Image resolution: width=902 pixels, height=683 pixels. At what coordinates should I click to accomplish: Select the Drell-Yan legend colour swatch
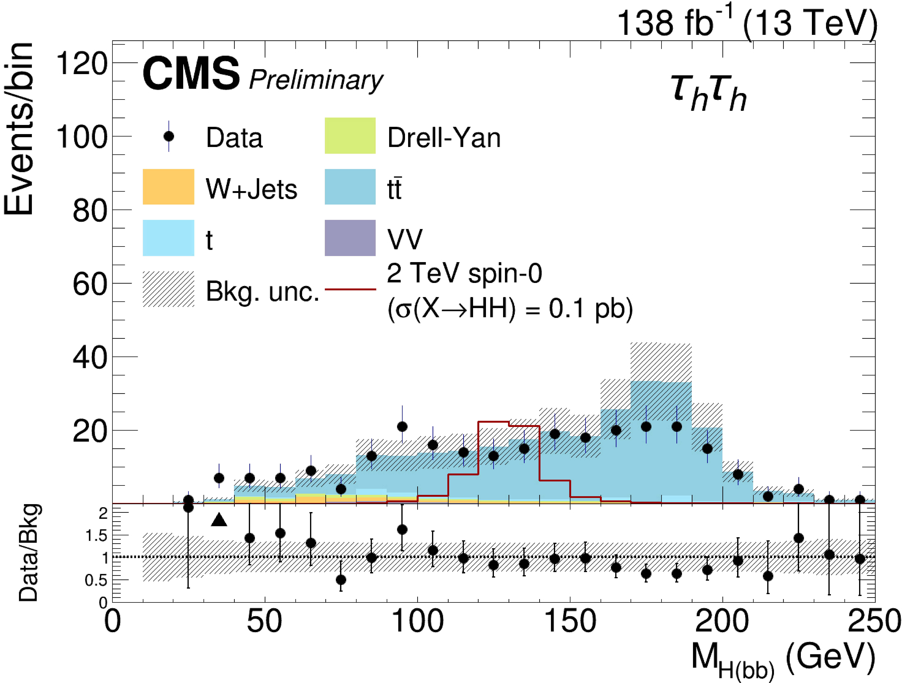pyautogui.click(x=350, y=136)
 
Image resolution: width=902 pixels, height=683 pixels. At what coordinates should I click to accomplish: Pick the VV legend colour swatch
pyautogui.click(x=350, y=238)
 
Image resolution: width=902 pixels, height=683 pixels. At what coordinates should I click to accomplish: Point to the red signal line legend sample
pyautogui.click(x=350, y=290)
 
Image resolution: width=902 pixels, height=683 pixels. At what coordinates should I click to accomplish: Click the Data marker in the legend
pyautogui.click(x=168, y=136)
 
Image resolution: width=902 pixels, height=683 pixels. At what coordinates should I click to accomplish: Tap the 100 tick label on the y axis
pyautogui.click(x=82, y=137)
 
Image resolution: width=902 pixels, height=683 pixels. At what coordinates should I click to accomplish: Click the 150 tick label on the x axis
pyautogui.click(x=570, y=622)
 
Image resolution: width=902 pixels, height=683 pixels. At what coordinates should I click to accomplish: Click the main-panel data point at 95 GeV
pyautogui.click(x=402, y=427)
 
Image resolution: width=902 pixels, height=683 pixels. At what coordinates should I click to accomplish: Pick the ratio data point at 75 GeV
pyautogui.click(x=341, y=579)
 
